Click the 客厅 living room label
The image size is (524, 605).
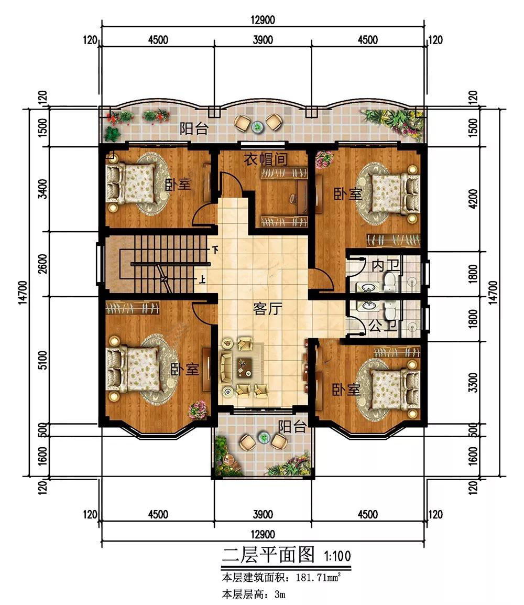267,309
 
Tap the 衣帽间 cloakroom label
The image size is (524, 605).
266,159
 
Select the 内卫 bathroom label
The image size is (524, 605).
386,265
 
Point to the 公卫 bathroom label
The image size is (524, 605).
383,327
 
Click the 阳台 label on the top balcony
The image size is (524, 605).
194,128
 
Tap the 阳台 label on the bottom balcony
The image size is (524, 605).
292,427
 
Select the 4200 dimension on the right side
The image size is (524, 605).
474,198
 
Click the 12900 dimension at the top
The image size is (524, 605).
263,20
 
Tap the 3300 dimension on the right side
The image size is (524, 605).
474,382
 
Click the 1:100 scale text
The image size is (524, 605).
337,556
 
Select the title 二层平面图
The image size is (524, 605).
268,555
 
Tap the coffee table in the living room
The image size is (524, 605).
244,366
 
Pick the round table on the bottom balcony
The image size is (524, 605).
264,438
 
